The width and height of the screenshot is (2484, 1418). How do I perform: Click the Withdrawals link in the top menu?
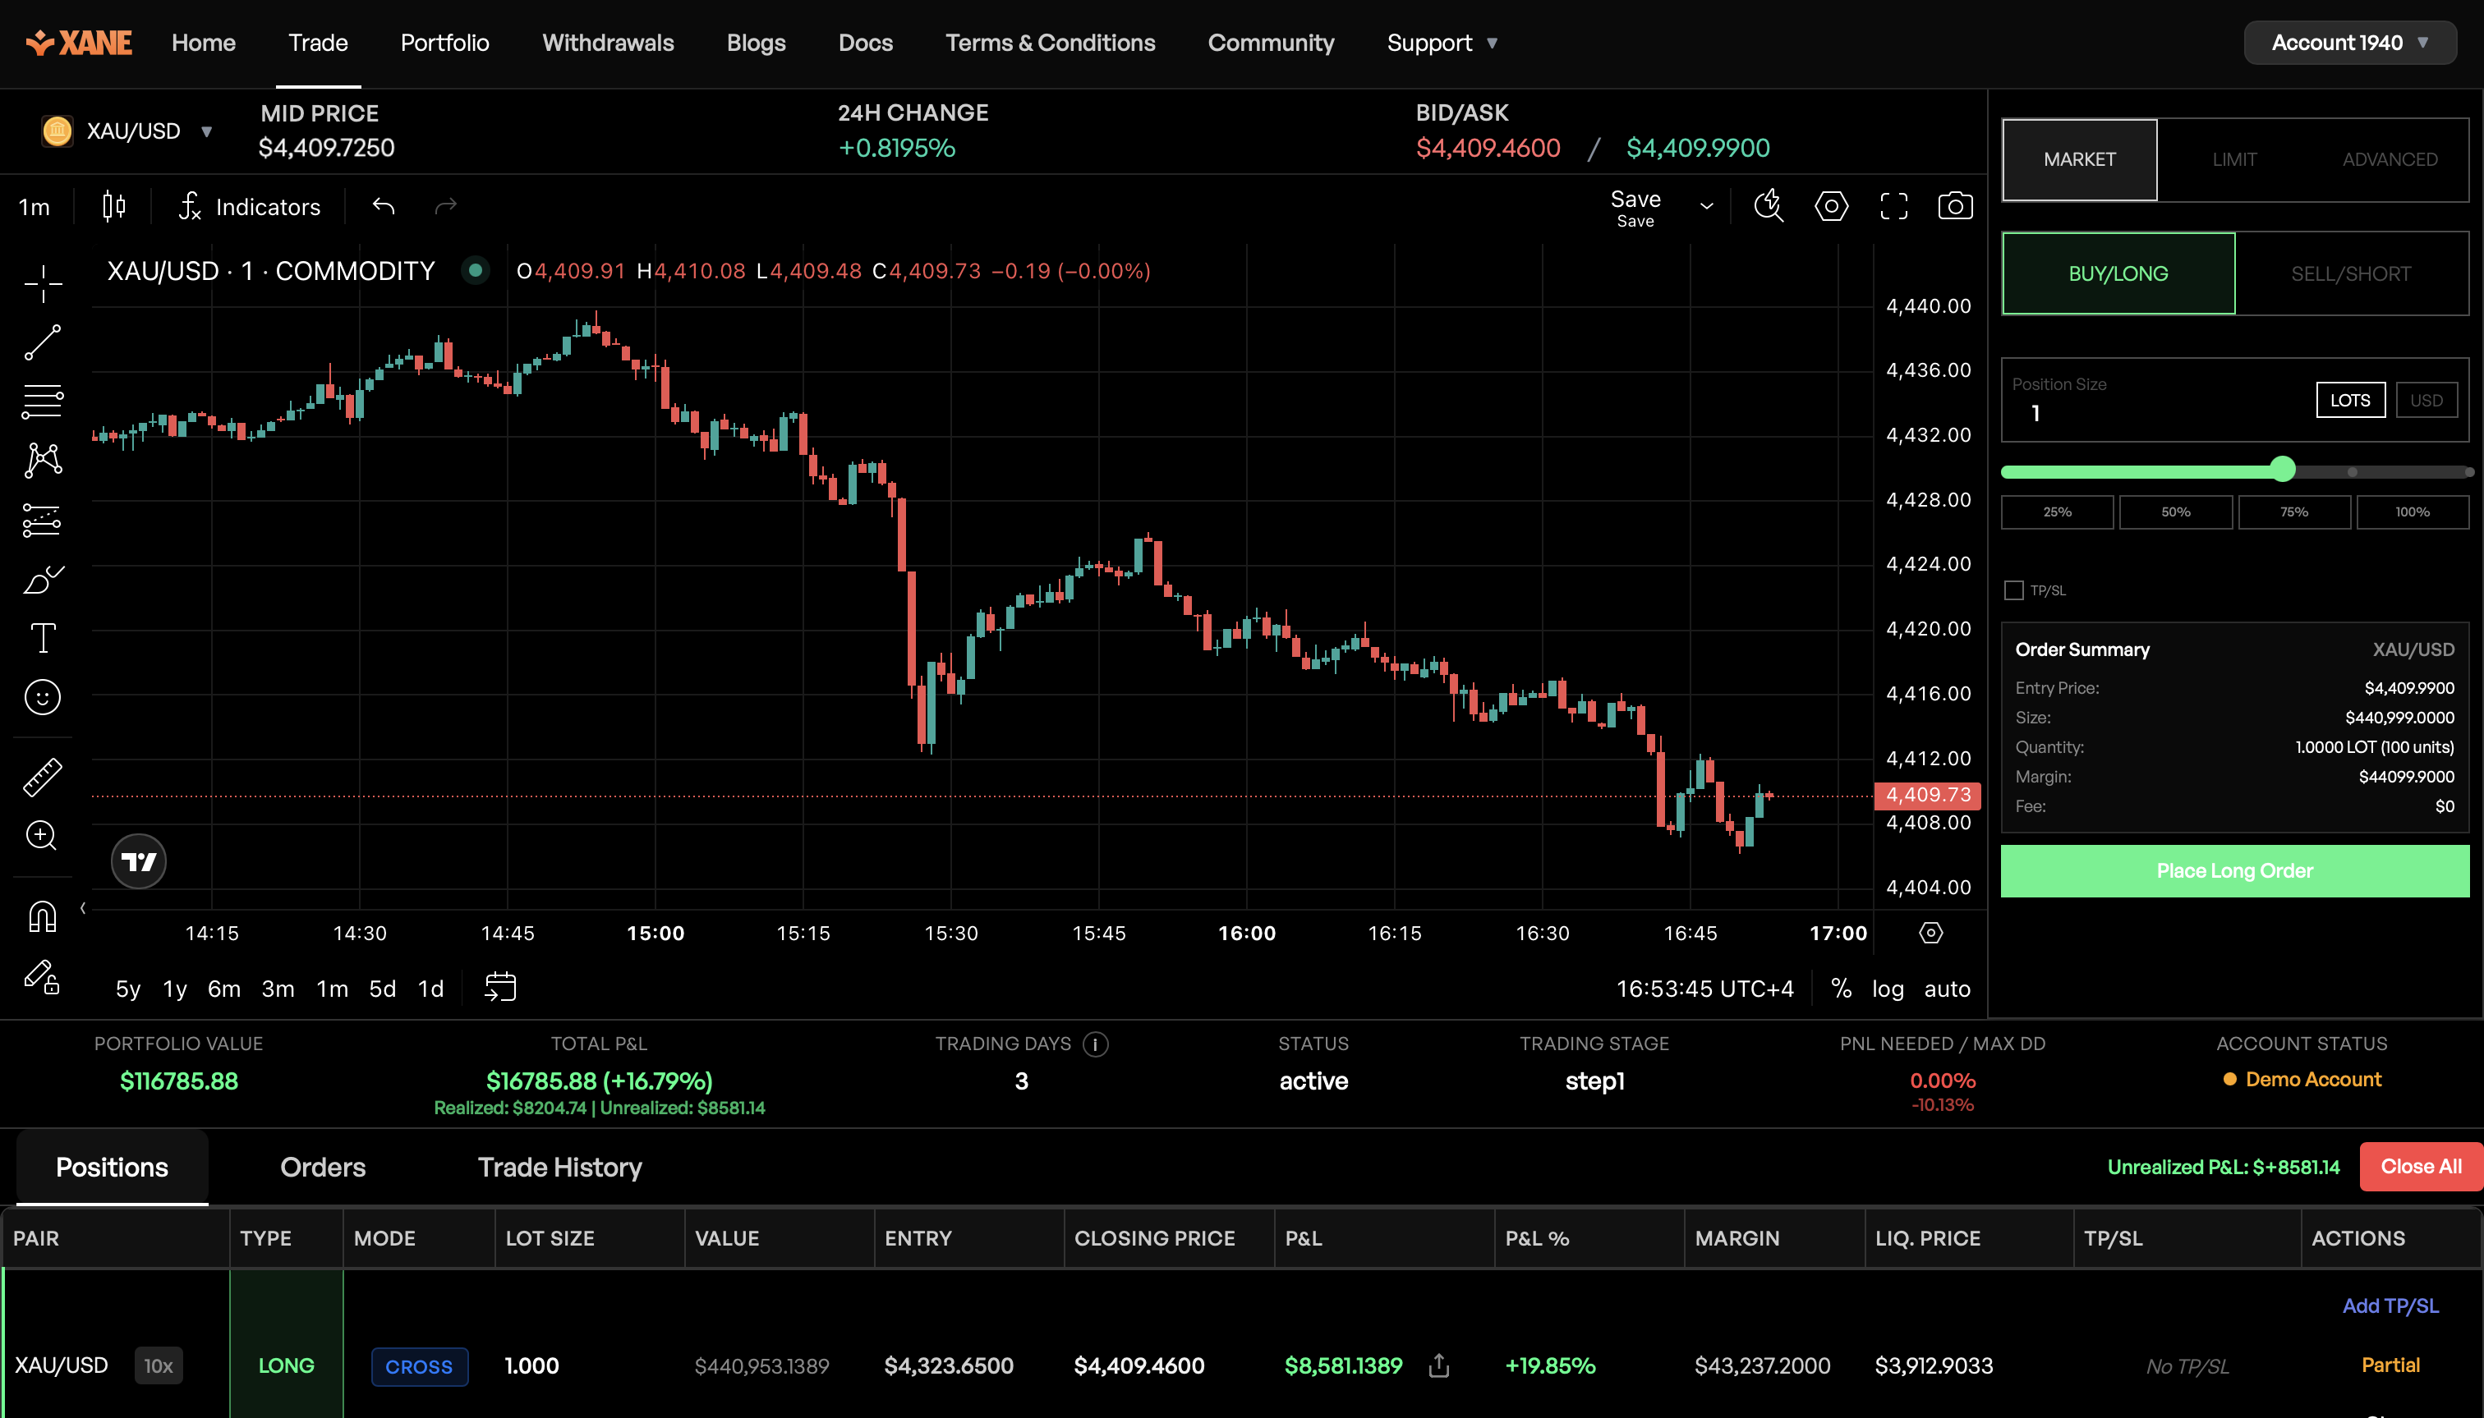click(607, 43)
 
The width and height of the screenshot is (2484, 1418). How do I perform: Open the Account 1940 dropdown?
click(2348, 43)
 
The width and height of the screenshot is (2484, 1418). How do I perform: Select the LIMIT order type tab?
click(2233, 160)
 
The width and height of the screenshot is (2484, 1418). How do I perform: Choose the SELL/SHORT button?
click(2351, 273)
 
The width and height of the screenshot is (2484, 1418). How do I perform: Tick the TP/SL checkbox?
click(2013, 590)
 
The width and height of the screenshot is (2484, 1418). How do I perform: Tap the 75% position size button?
click(2293, 512)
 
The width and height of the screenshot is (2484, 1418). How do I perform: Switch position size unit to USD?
click(2426, 400)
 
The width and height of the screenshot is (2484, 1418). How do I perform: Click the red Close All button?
click(2420, 1167)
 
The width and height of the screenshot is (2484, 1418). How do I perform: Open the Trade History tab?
click(559, 1167)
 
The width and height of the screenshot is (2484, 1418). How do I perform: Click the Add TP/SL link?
click(2390, 1306)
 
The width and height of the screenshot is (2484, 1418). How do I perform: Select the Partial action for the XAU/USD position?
click(2390, 1365)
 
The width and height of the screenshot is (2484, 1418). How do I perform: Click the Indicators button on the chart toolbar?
click(251, 206)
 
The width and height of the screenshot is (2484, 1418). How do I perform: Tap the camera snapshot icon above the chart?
click(1954, 206)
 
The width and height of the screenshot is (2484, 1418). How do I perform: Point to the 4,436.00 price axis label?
click(1928, 370)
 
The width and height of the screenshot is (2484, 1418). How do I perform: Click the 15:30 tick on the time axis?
click(950, 933)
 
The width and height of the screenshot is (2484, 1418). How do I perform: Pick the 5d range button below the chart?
click(382, 989)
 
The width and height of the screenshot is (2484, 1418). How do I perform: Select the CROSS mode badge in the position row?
click(419, 1366)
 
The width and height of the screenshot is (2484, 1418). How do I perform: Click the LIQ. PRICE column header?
click(1927, 1238)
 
